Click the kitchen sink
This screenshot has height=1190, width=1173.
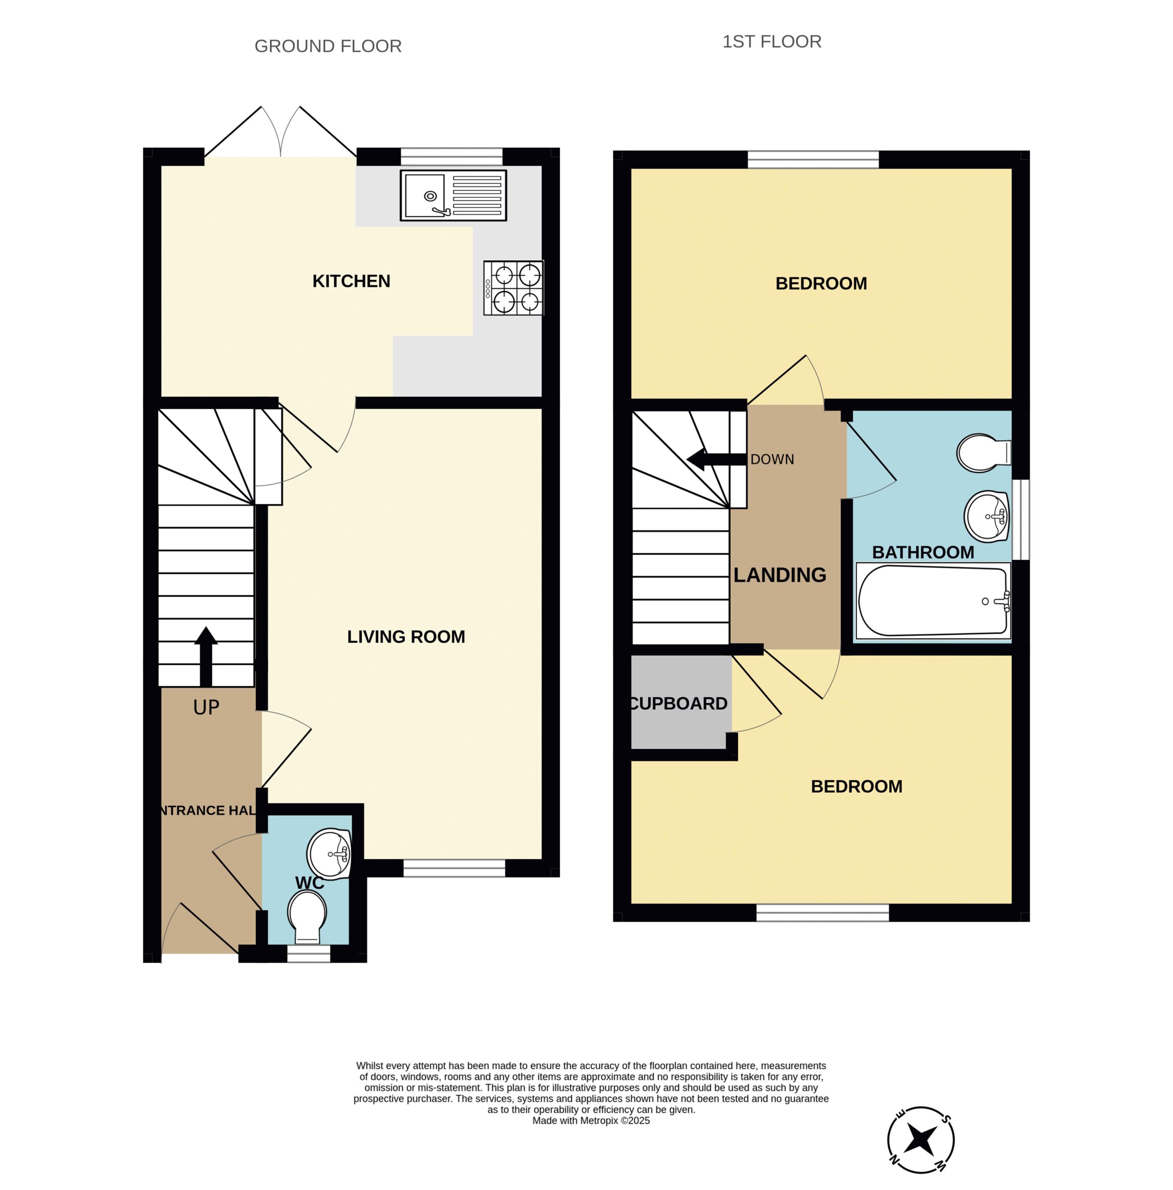[x=453, y=195]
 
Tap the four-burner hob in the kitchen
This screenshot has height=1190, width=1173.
[x=513, y=288]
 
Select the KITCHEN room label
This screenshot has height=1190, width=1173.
[x=351, y=282]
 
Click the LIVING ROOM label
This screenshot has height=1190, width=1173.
[x=406, y=637]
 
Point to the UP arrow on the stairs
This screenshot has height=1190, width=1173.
[x=206, y=657]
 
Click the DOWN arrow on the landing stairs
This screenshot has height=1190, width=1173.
[x=716, y=459]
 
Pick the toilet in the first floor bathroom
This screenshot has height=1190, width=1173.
[x=984, y=453]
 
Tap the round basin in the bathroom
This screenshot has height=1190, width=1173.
[x=987, y=516]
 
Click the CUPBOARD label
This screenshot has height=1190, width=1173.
[x=679, y=704]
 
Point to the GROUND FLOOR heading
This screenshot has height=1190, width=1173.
[x=328, y=46]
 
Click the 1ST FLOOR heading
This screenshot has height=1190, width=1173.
[x=772, y=41]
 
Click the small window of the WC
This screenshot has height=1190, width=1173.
[x=309, y=953]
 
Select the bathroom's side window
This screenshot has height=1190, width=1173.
[x=1021, y=520]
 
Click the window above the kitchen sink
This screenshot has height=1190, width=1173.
[x=451, y=157]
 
